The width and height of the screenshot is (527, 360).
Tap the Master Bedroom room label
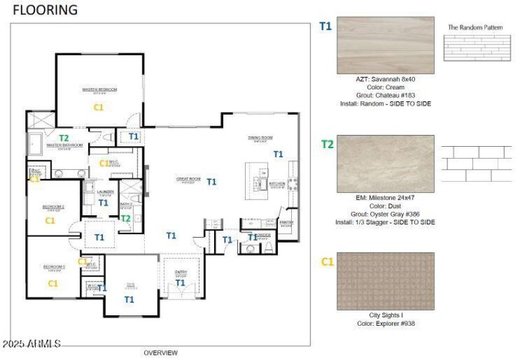pos(99,90)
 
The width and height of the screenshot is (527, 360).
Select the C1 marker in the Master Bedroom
pos(99,106)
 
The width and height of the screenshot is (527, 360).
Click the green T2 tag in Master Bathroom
pos(64,138)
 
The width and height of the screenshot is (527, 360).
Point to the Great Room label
pos(188,179)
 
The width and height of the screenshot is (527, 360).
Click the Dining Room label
pos(260,138)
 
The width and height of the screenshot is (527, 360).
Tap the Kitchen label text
pos(276,184)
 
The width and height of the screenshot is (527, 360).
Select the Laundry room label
pos(105,192)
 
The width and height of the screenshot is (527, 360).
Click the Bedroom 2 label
pos(53,207)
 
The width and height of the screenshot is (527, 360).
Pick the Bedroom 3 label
pos(54,267)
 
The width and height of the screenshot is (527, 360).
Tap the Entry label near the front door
pos(180,272)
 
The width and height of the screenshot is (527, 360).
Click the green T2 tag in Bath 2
pos(125,218)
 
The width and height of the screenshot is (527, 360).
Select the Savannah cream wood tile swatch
pos(385,45)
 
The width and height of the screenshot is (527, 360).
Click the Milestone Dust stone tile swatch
pos(385,164)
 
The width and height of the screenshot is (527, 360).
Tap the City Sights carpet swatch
pos(385,281)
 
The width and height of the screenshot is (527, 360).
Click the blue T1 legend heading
pos(325,26)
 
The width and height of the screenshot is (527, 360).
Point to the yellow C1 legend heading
pos(327,262)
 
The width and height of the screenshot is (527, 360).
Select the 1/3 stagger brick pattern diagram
pos(476,164)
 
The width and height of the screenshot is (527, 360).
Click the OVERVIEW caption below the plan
pos(161,353)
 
